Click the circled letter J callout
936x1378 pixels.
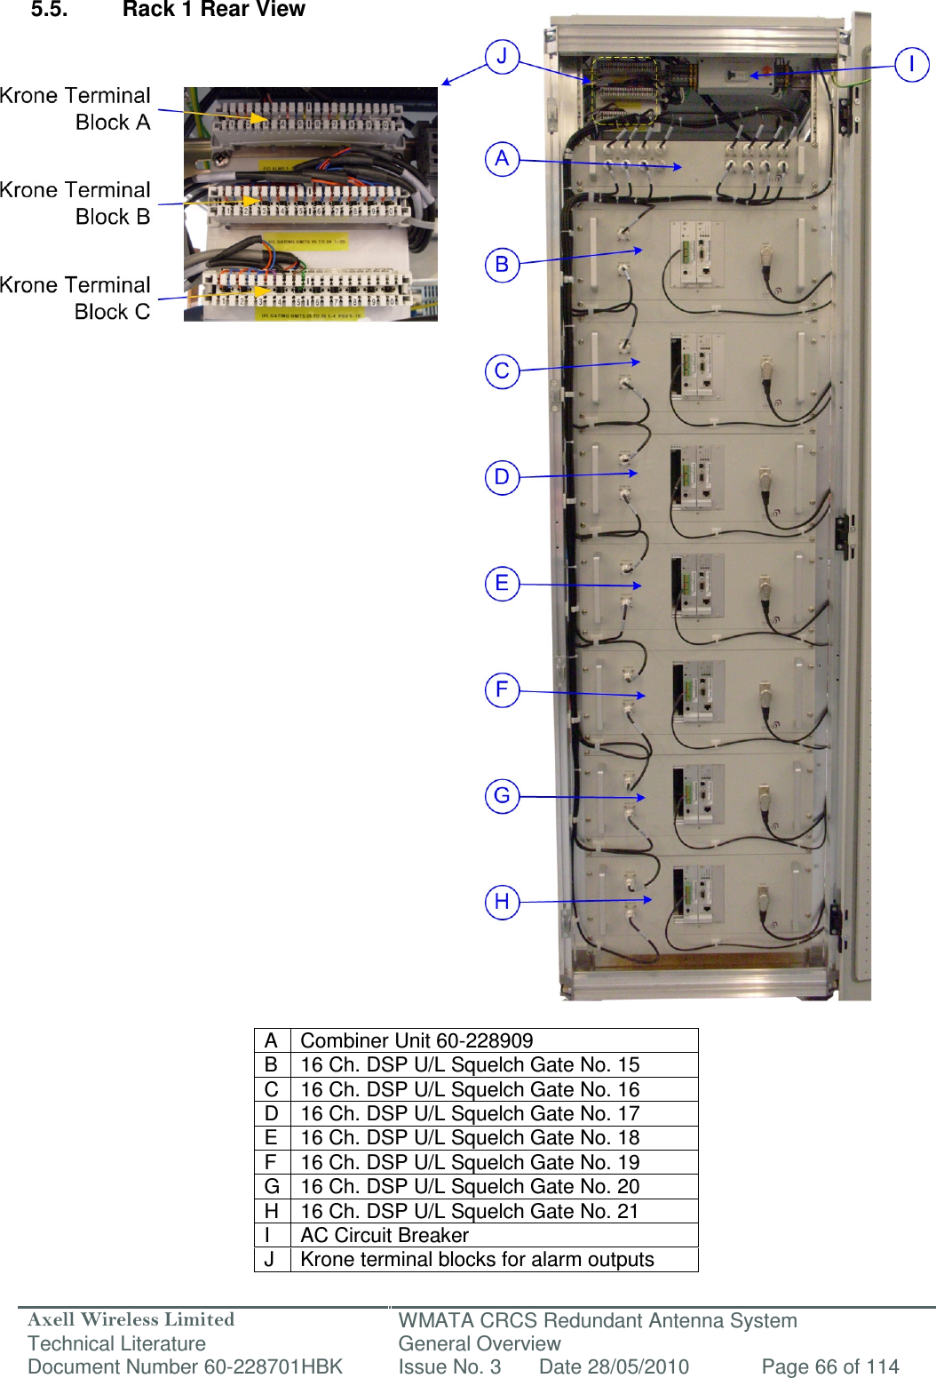[502, 57]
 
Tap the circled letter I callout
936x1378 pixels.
[911, 64]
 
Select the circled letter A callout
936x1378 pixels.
[502, 159]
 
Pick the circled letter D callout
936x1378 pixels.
[502, 477]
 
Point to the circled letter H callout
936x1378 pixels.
[502, 902]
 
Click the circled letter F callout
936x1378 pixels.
[502, 689]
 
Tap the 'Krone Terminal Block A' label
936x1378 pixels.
[76, 108]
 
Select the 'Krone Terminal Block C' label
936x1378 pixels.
[76, 298]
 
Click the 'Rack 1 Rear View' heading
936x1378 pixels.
[213, 10]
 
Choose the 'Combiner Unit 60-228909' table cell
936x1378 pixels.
[416, 1040]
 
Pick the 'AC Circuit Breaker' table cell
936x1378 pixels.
[385, 1235]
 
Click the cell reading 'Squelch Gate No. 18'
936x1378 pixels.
[470, 1137]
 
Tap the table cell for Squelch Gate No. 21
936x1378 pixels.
[470, 1211]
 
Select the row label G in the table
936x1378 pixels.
[272, 1186]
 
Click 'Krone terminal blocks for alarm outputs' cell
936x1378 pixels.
[477, 1259]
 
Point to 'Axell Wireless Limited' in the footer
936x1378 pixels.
[131, 1319]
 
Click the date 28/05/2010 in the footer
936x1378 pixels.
[614, 1366]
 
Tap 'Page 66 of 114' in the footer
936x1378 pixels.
[829, 1366]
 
